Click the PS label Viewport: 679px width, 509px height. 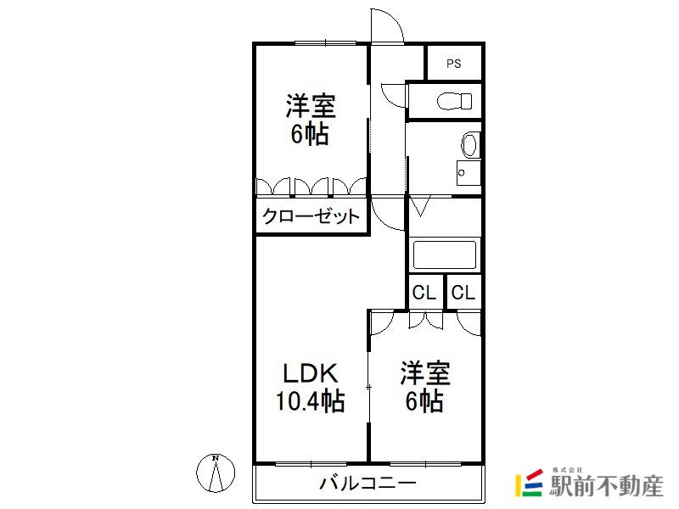pos(454,64)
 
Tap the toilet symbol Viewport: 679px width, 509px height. pos(454,101)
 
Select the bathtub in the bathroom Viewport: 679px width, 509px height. pos(444,255)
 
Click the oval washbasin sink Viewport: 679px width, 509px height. pos(469,144)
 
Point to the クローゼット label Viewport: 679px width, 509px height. pos(311,216)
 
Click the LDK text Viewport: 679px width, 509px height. pos(310,373)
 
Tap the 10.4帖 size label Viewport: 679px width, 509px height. pos(310,401)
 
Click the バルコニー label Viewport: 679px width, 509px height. pos(368,483)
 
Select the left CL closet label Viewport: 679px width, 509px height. pos(424,293)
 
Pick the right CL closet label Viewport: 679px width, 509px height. pos(463,293)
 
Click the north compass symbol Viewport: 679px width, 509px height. pos(216,473)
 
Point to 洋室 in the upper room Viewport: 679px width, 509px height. pos(311,106)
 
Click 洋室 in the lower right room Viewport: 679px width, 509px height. pos(425,373)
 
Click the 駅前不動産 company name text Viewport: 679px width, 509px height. pos(606,486)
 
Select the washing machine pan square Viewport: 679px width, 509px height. pos(469,173)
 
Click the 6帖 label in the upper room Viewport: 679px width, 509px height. pos(310,134)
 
